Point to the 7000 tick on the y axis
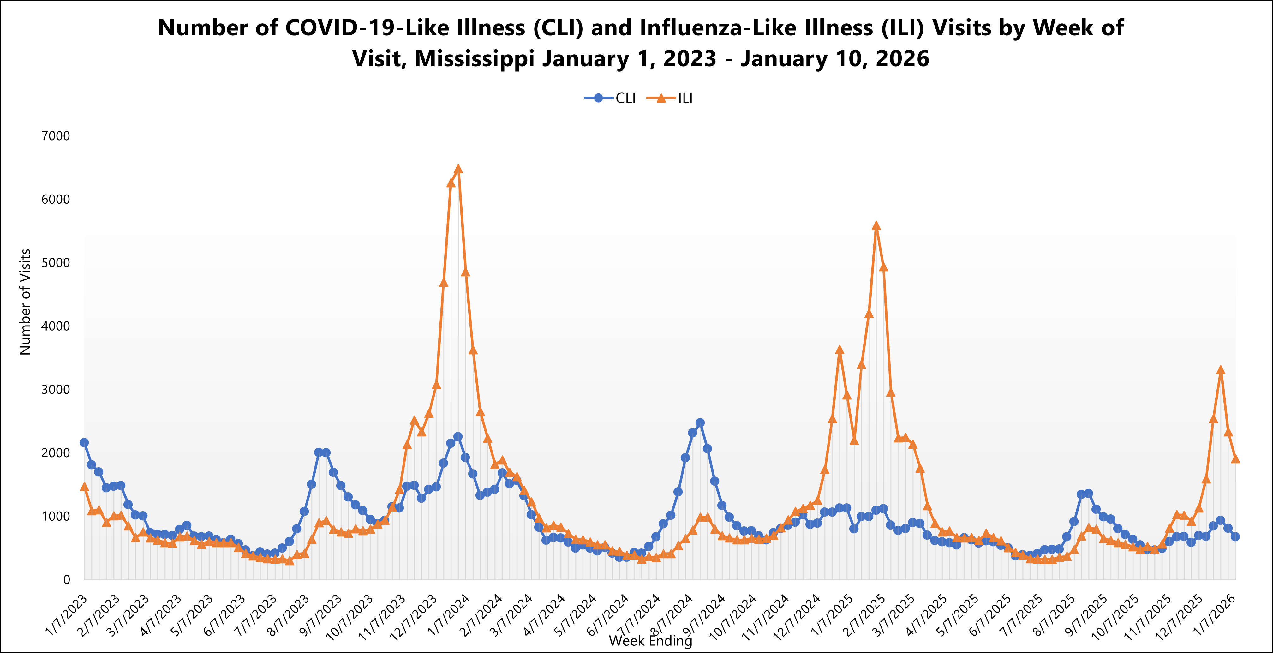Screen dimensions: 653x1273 pos(55,136)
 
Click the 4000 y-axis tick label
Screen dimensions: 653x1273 pos(55,326)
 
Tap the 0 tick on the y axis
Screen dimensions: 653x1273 pos(66,580)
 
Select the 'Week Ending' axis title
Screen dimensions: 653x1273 pos(650,641)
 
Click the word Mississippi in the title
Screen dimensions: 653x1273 pos(475,59)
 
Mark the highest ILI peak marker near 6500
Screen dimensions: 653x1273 pos(458,169)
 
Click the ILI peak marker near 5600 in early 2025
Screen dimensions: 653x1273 pos(876,226)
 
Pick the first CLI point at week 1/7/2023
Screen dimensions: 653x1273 pos(84,442)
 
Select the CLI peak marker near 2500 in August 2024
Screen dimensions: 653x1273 pos(700,422)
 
